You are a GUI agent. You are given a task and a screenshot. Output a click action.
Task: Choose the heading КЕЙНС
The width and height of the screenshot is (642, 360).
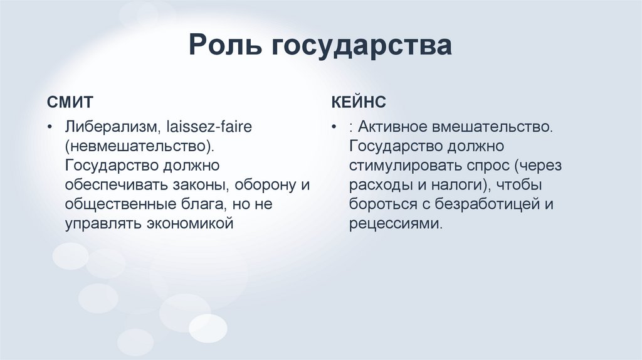coord(359,102)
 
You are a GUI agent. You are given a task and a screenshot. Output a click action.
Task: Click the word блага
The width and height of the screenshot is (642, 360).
coord(203,204)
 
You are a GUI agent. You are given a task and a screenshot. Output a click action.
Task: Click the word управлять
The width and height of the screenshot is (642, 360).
coord(102,223)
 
